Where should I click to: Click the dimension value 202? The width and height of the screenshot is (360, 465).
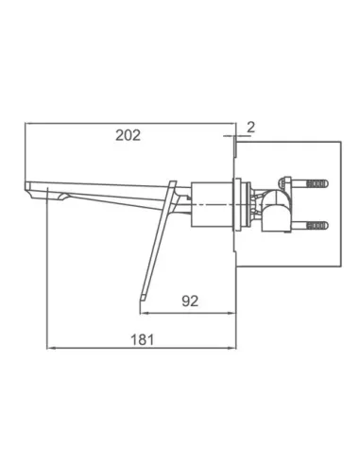pos(128,135)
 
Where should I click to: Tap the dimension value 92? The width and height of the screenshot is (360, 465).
pos(190,301)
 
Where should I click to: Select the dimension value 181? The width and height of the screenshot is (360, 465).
pos(143,339)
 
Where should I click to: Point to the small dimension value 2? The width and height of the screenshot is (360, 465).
pos(250,127)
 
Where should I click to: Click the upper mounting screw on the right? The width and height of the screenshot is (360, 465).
pos(310,183)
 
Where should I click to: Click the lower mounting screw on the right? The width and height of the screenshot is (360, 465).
pos(310,225)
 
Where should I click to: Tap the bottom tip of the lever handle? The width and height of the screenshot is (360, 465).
pos(141,299)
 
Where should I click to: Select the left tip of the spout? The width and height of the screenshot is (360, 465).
pos(26,185)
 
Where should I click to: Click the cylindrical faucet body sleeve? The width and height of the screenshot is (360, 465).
pos(212,204)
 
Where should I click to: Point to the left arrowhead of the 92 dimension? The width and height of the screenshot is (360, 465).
pos(143,313)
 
